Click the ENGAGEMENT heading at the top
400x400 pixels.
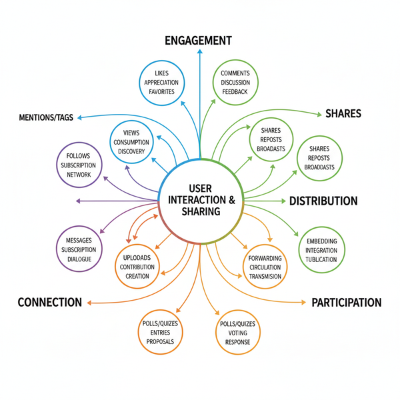coord(199,41)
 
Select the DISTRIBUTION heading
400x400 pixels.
coord(323,201)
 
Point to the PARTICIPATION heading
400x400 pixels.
coord(346,303)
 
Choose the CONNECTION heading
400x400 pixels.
coord(50,303)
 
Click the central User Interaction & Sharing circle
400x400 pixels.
coord(199,201)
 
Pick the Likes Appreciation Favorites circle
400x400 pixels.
coord(161,83)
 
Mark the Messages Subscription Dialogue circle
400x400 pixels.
coord(79,249)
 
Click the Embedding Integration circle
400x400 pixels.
coord(322,249)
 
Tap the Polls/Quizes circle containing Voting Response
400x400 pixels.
coord(238,331)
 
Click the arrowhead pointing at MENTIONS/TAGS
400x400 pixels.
coord(79,117)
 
